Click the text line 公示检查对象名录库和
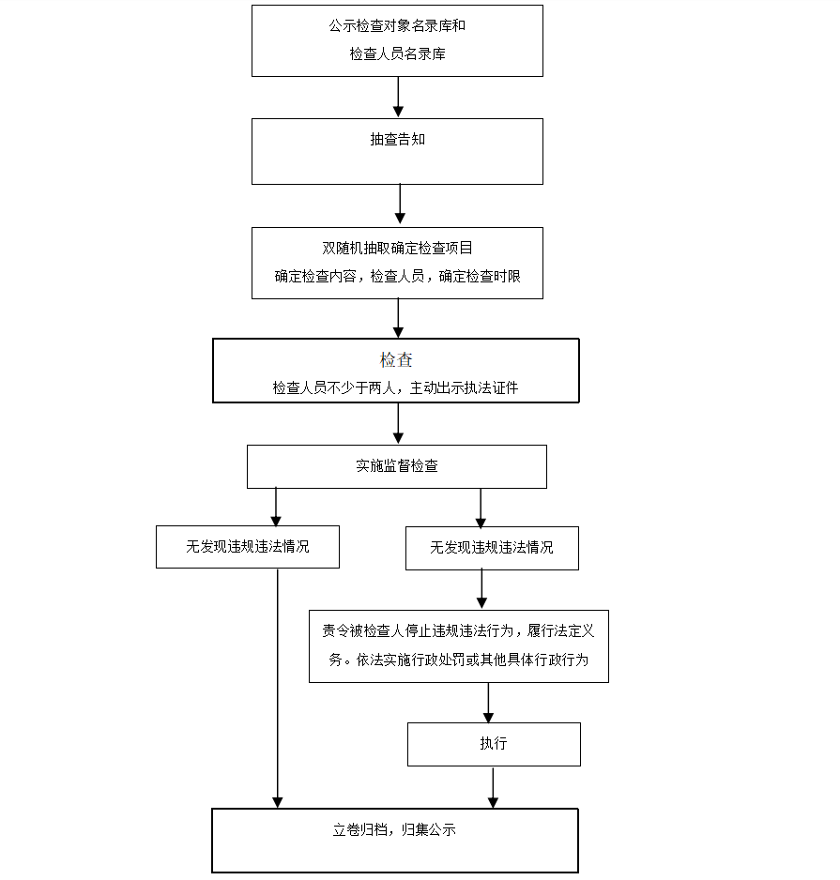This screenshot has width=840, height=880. [x=397, y=26]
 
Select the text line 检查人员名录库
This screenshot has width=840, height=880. [x=397, y=53]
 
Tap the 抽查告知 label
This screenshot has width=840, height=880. [x=397, y=139]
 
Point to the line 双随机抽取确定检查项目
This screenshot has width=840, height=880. [x=397, y=248]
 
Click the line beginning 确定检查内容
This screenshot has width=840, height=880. [x=397, y=276]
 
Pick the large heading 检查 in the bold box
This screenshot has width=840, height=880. [x=396, y=359]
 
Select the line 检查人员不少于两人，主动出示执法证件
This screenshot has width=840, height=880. [x=395, y=387]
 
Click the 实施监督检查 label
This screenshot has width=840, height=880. [x=396, y=466]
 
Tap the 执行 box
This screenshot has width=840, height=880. [x=494, y=744]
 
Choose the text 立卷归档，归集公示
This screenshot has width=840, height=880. [x=394, y=829]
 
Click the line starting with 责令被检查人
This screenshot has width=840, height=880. [x=458, y=630]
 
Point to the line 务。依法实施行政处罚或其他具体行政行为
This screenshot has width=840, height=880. [x=458, y=660]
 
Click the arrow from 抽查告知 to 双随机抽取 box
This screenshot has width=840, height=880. [x=400, y=205]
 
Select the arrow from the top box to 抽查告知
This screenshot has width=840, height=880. [x=398, y=97]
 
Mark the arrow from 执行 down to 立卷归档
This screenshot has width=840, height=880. [x=493, y=787]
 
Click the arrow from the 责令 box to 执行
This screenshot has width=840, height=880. [x=488, y=703]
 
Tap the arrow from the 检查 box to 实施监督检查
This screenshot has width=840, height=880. [x=398, y=423]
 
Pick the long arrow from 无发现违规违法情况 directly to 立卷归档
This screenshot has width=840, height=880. [x=278, y=688]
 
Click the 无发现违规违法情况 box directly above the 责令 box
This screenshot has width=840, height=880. [x=492, y=548]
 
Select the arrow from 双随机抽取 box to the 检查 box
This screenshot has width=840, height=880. [x=398, y=318]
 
